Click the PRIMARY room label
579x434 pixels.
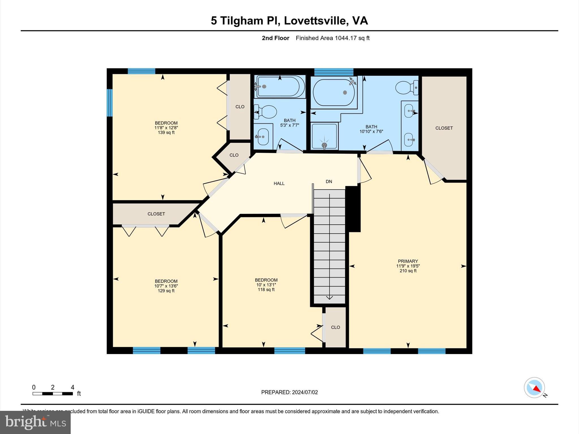[408, 261]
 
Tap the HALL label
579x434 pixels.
[279, 184]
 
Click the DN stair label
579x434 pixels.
[329, 182]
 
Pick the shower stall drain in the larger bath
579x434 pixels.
[324, 145]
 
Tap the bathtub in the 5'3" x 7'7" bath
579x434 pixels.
[280, 87]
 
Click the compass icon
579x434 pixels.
[534, 388]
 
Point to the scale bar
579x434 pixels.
[53, 394]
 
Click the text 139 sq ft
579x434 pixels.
[166, 133]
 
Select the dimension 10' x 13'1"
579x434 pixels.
[266, 285]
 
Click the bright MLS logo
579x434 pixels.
[35, 422]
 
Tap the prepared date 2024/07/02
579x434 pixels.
[305, 392]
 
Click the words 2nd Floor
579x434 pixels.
[275, 38]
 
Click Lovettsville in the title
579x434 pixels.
[316, 21]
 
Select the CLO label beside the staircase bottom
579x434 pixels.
[335, 327]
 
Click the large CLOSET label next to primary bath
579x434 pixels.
[444, 128]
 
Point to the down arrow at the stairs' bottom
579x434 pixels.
[329, 297]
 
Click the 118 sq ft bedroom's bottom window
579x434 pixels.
[289, 351]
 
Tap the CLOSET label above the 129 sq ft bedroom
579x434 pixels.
[156, 214]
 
